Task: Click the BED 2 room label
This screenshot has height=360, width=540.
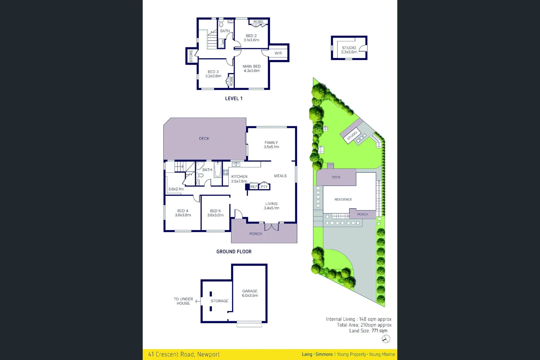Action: [x=251, y=38]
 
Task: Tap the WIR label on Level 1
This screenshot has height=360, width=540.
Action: [x=278, y=53]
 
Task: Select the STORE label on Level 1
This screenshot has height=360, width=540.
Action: [x=191, y=56]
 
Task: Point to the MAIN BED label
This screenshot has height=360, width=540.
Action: [x=252, y=68]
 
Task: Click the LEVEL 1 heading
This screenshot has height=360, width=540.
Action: [x=234, y=99]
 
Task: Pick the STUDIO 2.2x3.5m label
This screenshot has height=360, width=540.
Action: [x=349, y=50]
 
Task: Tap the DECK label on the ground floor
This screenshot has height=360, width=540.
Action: [x=204, y=139]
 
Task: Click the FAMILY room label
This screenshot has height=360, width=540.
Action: [x=271, y=145]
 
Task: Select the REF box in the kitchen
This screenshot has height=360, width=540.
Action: [x=254, y=187]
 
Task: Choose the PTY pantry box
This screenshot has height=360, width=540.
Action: [x=264, y=187]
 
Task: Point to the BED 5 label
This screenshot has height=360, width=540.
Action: [x=215, y=213]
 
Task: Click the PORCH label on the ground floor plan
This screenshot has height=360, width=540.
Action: [x=256, y=234]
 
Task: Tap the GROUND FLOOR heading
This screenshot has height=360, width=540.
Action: [x=234, y=252]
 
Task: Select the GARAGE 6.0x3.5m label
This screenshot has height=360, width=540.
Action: [x=250, y=293]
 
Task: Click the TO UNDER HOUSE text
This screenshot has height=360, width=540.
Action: [x=183, y=301]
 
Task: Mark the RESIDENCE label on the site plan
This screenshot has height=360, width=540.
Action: [x=343, y=200]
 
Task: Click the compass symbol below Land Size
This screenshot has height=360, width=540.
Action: [x=386, y=339]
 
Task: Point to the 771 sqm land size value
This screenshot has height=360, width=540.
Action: [x=379, y=331]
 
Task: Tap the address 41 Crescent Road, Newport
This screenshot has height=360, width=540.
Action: [x=184, y=354]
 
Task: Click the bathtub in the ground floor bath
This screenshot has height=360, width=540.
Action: [x=217, y=170]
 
